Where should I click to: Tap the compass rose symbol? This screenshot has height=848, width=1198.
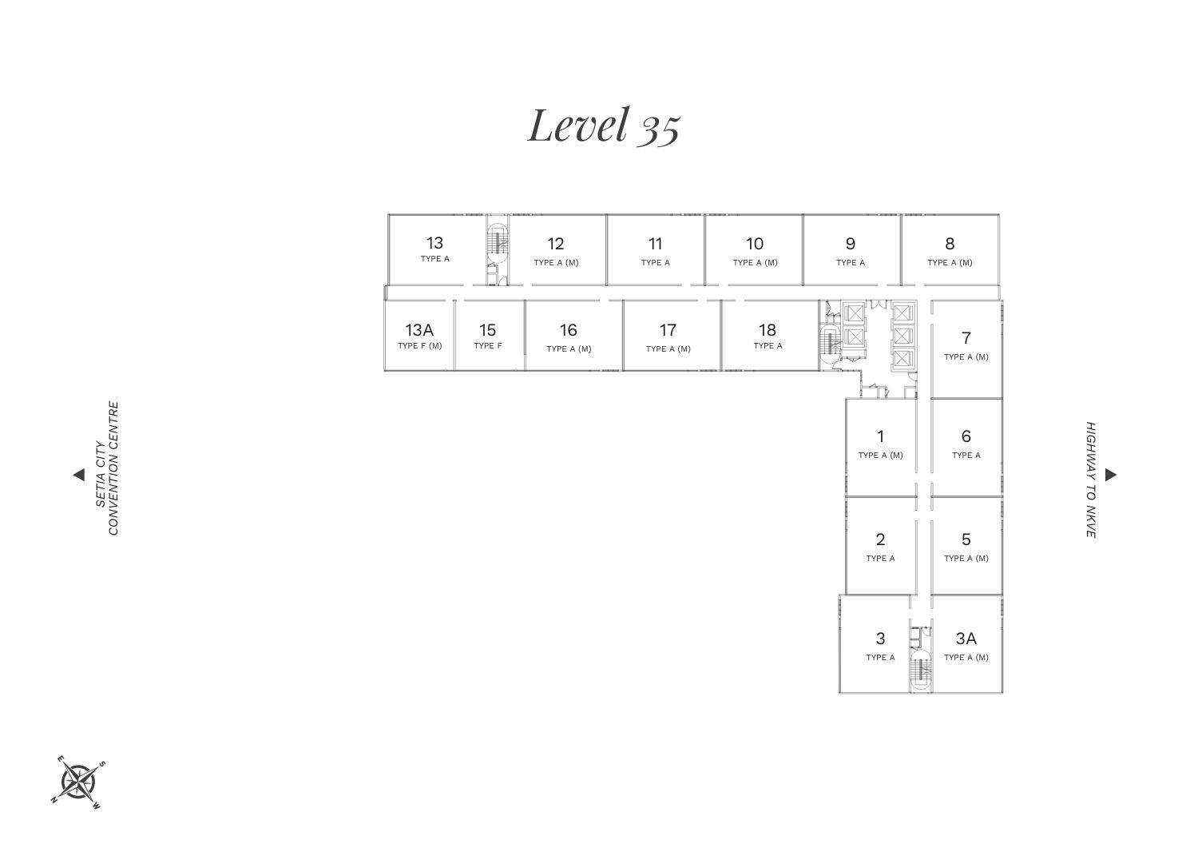(78, 782)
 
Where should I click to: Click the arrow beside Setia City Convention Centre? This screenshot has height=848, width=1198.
(79, 475)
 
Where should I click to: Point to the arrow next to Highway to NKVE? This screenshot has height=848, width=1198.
(1111, 475)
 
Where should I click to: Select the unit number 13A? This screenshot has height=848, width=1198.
(419, 330)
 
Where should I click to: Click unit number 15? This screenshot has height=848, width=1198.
(488, 330)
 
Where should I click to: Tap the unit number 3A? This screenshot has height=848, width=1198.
(966, 638)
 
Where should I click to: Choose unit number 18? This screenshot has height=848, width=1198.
(768, 330)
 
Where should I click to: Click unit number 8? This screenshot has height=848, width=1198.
(950, 244)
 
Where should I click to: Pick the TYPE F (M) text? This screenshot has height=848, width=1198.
(420, 346)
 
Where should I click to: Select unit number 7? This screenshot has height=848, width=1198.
(966, 338)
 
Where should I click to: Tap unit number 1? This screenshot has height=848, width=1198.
(880, 436)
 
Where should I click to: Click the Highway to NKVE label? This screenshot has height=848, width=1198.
(1091, 480)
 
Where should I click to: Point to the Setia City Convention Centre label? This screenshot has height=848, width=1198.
(107, 468)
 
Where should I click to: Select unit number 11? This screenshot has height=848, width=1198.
(655, 244)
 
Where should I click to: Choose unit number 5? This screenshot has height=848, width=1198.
(966, 539)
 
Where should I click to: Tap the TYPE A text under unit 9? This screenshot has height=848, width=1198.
(851, 262)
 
